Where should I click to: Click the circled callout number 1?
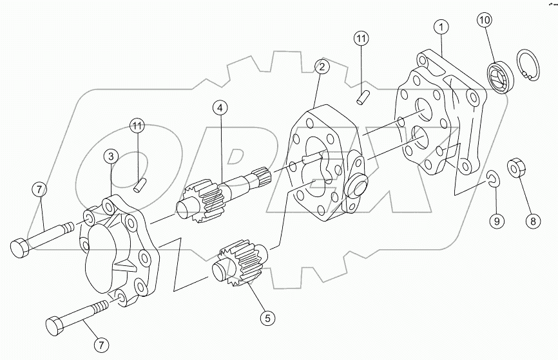[441, 28]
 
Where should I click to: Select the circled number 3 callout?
[112, 156]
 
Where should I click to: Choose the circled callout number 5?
[267, 317]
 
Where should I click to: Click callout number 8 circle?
[532, 221]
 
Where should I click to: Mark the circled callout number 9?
[495, 221]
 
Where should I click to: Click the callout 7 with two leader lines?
[40, 189]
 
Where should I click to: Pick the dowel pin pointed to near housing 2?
[362, 97]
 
